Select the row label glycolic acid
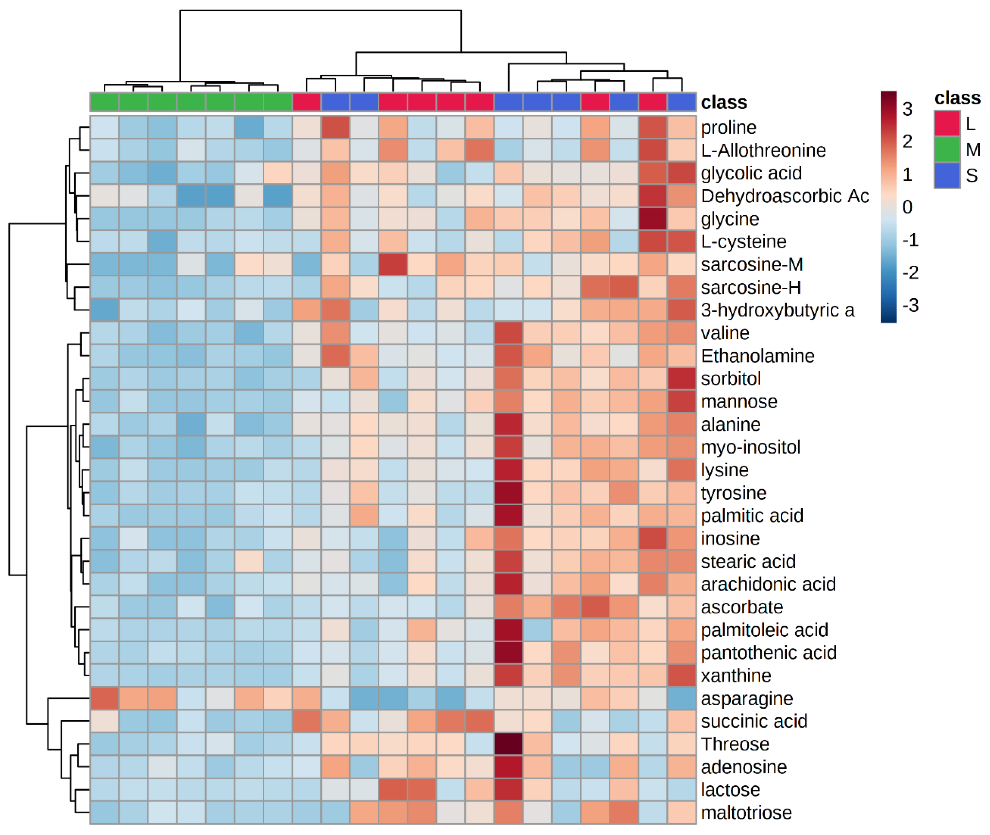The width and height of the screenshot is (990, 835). (751, 173)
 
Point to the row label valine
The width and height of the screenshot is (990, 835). (725, 333)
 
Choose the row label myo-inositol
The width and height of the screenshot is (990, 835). (750, 447)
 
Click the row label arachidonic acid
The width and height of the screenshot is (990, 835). (768, 584)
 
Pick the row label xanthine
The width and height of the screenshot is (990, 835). (736, 676)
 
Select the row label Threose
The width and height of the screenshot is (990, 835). (735, 744)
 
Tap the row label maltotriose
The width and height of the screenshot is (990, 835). (746, 813)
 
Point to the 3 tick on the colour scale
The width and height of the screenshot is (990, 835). (907, 109)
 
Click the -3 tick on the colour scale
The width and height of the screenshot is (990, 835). (910, 305)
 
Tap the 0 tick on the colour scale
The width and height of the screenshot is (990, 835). (907, 207)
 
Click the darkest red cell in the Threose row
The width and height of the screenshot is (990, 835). (508, 744)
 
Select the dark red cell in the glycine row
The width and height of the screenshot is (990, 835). (652, 219)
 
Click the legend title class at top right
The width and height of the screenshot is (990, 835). (957, 98)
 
